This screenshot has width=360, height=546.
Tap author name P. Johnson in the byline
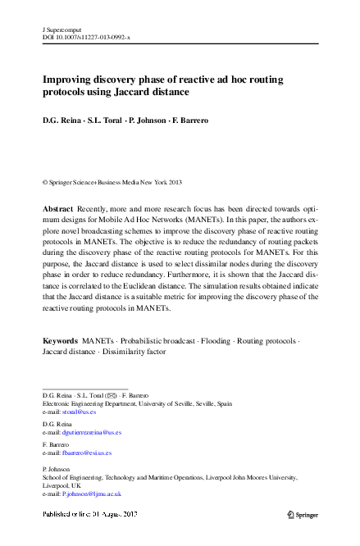(x=149, y=121)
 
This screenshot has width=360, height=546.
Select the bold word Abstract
(x=57, y=210)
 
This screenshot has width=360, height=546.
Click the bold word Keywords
(x=60, y=339)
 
